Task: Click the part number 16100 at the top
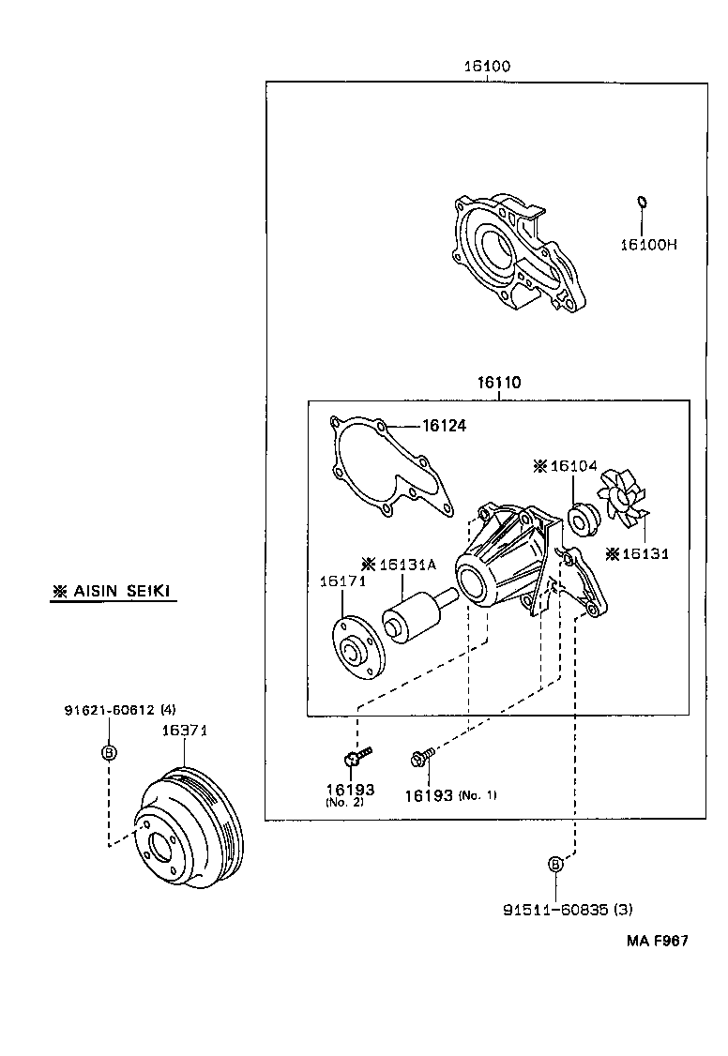point(486,67)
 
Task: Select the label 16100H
point(647,245)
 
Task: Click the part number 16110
point(498,383)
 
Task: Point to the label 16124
point(444,426)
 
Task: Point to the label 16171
point(341,582)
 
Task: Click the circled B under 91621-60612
point(108,752)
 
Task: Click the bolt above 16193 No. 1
point(423,754)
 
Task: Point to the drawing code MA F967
point(658,940)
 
